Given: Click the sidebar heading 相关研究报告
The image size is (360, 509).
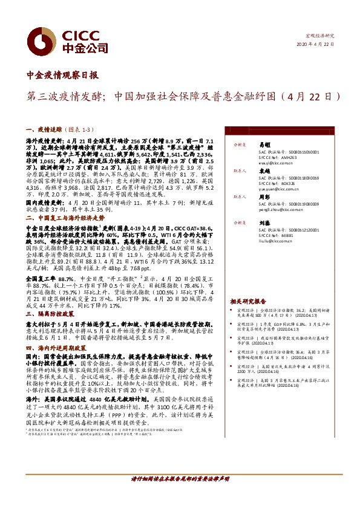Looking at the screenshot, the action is pos(248,301).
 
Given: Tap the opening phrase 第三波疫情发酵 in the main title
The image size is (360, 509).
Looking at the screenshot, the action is pos(64,96).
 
